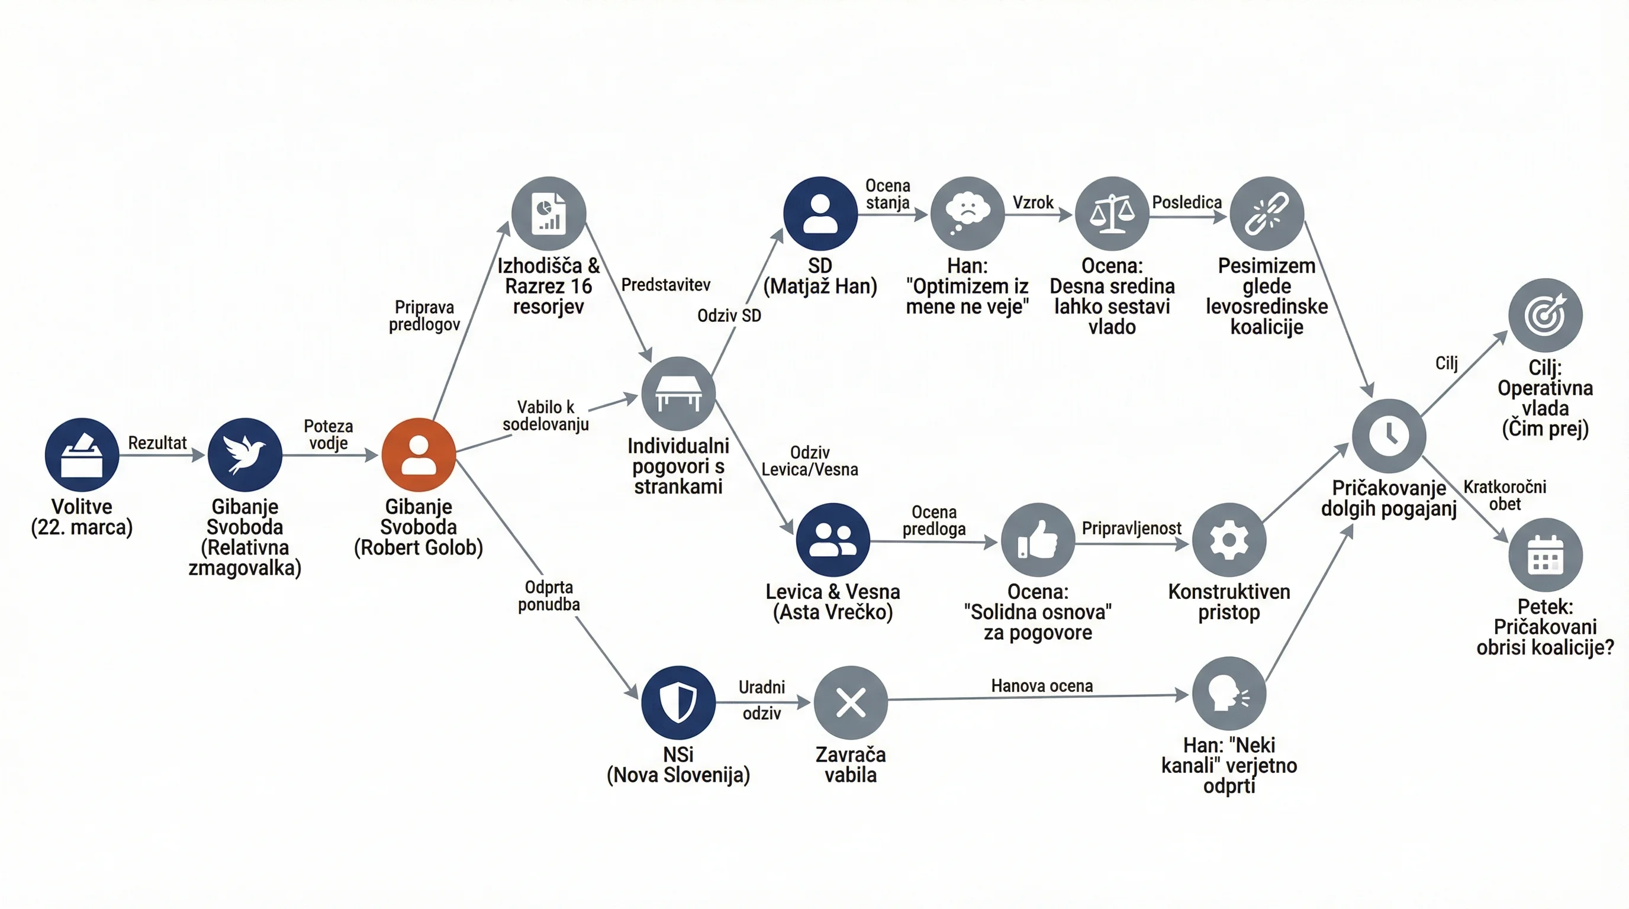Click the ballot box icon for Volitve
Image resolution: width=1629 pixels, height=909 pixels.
(82, 454)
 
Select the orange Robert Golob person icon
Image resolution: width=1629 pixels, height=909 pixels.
(418, 454)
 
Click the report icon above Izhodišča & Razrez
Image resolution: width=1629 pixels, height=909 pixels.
(549, 214)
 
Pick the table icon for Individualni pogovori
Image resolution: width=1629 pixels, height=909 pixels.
(678, 394)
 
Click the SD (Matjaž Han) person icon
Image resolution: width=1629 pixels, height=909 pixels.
(820, 214)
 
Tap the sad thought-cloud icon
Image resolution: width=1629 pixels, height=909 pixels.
(968, 214)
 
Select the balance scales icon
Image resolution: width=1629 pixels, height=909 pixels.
(1112, 214)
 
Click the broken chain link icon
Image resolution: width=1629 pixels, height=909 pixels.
(1267, 214)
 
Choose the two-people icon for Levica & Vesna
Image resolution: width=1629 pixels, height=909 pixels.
(833, 540)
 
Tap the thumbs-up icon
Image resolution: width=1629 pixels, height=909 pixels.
(1038, 540)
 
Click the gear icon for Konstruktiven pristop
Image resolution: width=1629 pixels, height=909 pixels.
(1229, 540)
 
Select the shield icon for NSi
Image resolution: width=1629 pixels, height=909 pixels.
(678, 702)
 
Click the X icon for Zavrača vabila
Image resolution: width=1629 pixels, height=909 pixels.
(851, 702)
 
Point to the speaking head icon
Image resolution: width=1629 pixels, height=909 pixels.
(1229, 694)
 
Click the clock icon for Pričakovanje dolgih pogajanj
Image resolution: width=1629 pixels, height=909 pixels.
(1389, 436)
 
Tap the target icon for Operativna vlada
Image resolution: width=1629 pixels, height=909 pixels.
(1546, 315)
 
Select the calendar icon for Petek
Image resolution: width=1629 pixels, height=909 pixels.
(1546, 555)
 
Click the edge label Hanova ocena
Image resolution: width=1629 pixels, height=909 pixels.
(1042, 686)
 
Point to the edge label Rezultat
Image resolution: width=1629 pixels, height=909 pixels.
(157, 443)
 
